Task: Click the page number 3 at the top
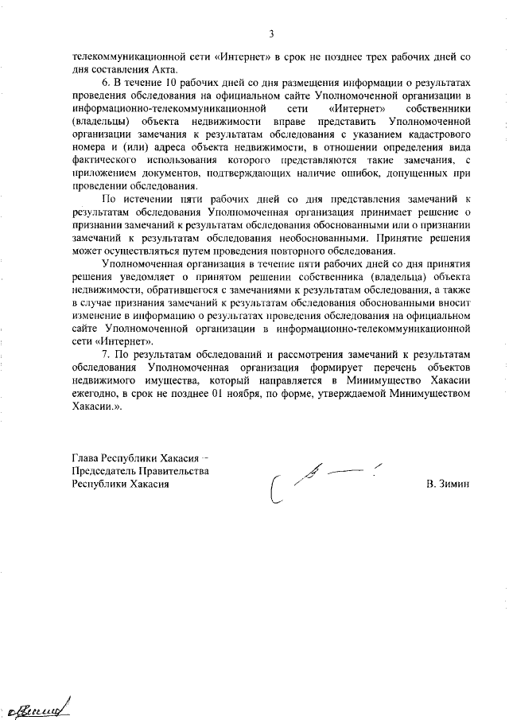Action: pyautogui.click(x=271, y=34)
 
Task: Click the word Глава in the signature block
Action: pyautogui.click(x=87, y=457)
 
